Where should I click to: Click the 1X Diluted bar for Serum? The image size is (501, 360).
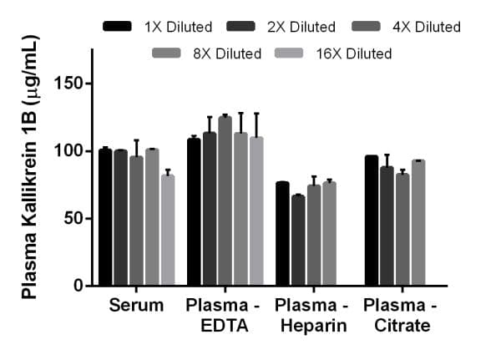click(x=105, y=218)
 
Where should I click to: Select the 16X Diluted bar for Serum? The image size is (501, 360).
click(x=168, y=230)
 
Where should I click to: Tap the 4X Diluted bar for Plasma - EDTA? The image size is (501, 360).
click(x=225, y=201)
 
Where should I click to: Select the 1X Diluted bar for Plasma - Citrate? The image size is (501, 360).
click(x=372, y=221)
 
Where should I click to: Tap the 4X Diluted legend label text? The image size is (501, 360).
click(x=426, y=27)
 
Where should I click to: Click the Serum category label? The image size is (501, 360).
click(x=136, y=306)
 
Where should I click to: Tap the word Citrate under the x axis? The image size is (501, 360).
click(x=397, y=326)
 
